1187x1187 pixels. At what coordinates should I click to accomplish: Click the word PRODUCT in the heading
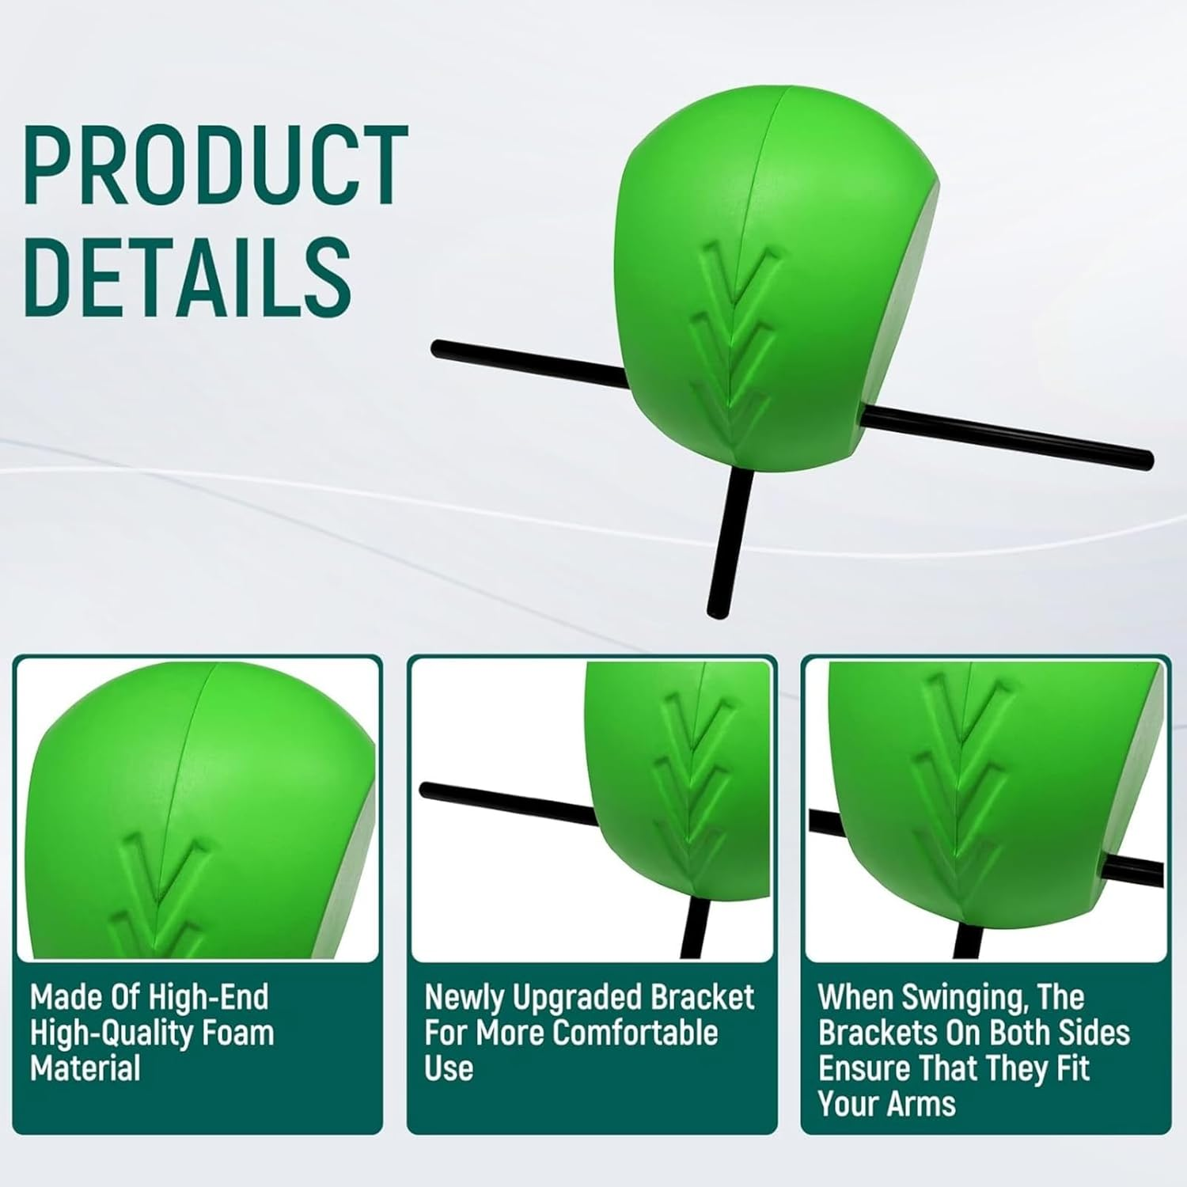click(215, 167)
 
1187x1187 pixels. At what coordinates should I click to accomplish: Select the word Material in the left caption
click(85, 1068)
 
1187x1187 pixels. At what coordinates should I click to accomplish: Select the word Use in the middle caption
click(449, 1068)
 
